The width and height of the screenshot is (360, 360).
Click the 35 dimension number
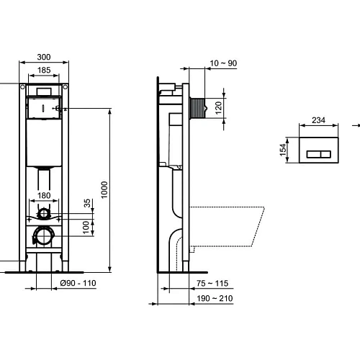pyautogui.click(x=89, y=204)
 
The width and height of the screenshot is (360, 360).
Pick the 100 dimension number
pyautogui.click(x=89, y=226)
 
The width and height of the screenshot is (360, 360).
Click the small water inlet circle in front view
pyautogui.click(x=45, y=214)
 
